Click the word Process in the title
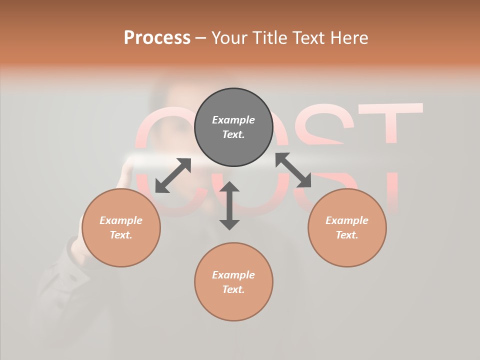point(157,38)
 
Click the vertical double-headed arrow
point(229,205)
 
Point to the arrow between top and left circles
point(173,175)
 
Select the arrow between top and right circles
point(293,170)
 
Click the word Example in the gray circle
point(233,120)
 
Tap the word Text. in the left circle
point(121,235)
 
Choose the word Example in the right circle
point(347,220)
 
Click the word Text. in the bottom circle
point(233,289)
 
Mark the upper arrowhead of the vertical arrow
point(229,187)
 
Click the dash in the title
point(201,38)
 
